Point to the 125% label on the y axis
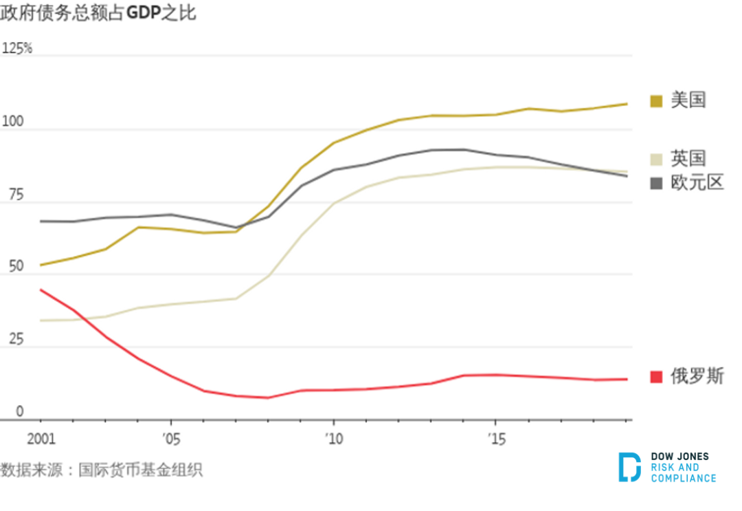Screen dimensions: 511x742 [17, 49]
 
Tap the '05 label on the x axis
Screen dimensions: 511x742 [170, 439]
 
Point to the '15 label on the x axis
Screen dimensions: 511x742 [495, 439]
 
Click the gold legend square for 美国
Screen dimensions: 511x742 [656, 101]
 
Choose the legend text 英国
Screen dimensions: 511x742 [688, 158]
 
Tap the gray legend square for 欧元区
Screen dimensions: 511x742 [656, 183]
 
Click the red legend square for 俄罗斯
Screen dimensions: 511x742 [656, 377]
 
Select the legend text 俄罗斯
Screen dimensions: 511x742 [697, 377]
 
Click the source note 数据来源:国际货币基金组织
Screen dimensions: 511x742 [102, 470]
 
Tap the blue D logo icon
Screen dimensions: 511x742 [629, 467]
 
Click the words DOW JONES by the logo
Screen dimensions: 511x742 [679, 457]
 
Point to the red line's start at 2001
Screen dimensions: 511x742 [41, 290]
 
